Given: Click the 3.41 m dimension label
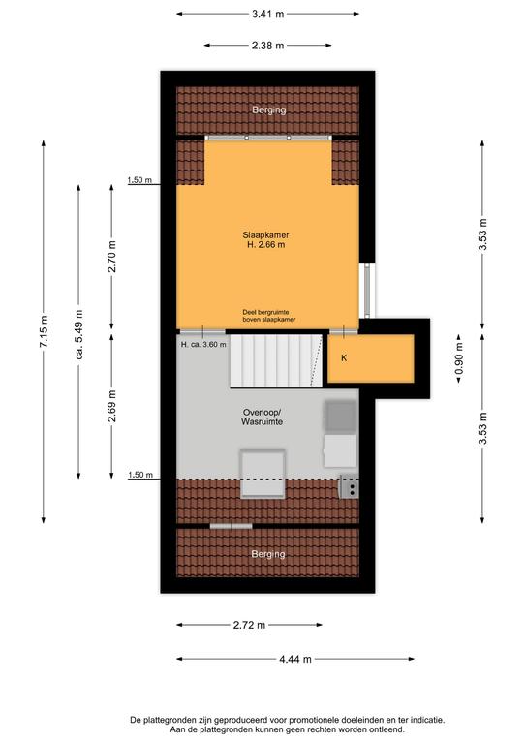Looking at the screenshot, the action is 268,15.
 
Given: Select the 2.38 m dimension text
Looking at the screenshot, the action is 268,46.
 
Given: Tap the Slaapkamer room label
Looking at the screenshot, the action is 265,234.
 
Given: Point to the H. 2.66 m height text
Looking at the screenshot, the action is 265,245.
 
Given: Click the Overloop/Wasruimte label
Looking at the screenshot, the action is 263,417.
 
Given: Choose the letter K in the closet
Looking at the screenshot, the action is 344,358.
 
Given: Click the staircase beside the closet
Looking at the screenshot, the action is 276,360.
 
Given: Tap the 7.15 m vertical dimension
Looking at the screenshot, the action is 44,331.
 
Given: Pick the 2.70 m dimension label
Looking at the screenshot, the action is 112,257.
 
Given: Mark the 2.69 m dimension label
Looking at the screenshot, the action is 112,406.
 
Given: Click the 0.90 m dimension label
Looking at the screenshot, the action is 459,358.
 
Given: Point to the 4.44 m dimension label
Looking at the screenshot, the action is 295,659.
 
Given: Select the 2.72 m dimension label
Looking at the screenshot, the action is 250,625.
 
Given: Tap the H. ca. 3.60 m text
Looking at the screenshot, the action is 203,345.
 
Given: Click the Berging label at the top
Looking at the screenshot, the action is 269,110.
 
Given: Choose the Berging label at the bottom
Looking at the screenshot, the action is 268,554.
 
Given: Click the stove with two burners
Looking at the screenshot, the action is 349,487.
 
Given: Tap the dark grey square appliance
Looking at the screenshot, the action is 341,417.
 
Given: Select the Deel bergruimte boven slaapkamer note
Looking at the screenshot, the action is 269,316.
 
